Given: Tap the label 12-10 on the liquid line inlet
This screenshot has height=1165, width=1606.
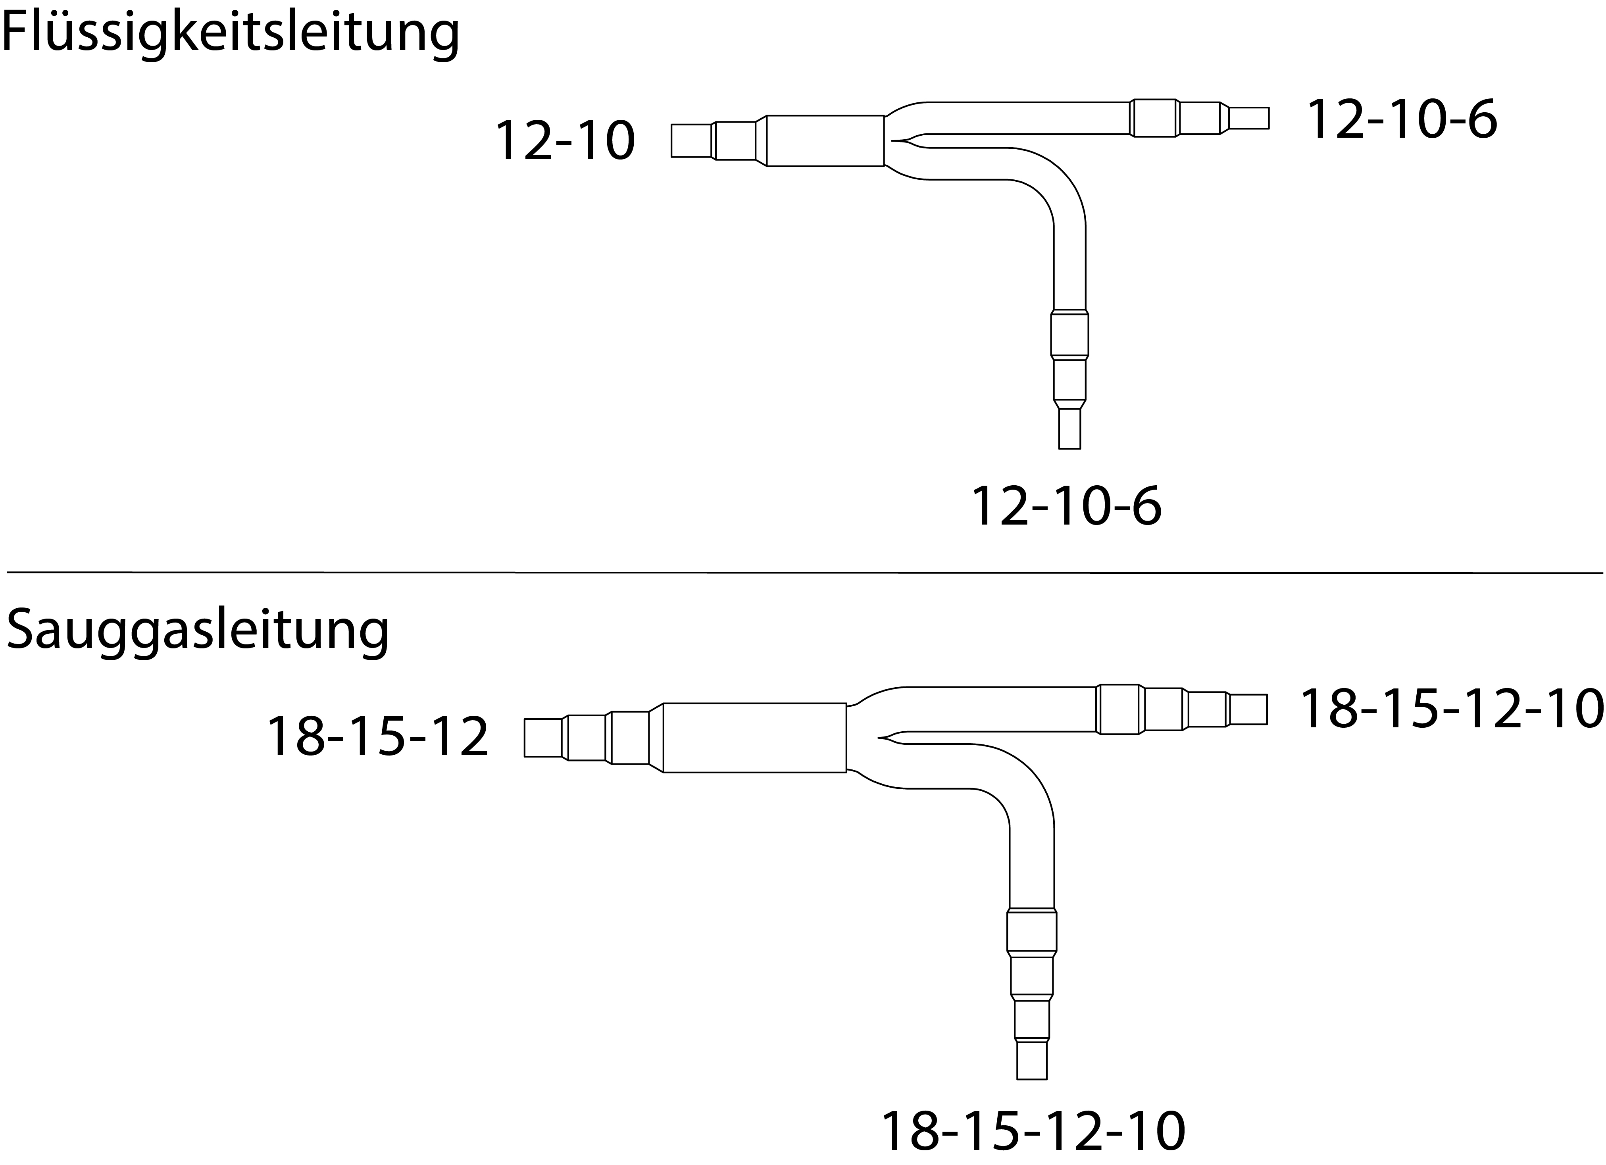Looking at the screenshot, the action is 564,141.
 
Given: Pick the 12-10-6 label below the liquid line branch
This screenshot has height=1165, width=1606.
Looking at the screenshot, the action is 1066,506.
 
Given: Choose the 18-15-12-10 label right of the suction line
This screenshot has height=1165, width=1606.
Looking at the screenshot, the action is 1452,709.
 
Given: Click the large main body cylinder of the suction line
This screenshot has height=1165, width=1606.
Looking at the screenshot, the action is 755,737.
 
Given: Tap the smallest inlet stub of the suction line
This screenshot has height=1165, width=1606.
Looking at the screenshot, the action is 543,737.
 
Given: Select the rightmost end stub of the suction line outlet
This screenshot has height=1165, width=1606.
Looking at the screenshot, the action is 1248,709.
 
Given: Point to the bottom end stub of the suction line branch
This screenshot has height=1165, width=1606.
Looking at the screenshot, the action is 1032,1059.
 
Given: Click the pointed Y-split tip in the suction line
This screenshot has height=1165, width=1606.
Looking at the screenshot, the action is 879,738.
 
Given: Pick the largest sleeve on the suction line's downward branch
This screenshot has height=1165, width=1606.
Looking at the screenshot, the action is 1032,930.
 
